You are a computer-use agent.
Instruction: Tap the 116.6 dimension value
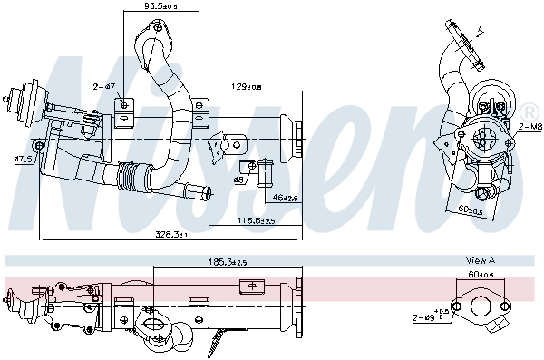pyautogui.click(x=256, y=219)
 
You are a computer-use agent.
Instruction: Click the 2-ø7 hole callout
pyautogui.click(x=102, y=87)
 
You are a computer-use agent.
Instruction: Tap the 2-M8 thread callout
pyautogui.click(x=530, y=128)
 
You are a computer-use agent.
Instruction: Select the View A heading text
pyautogui.click(x=480, y=260)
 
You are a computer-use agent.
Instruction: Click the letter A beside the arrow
pyautogui.click(x=481, y=31)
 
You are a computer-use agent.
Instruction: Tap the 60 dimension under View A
pyautogui.click(x=480, y=273)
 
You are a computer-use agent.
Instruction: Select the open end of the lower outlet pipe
pyautogui.click(x=209, y=192)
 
